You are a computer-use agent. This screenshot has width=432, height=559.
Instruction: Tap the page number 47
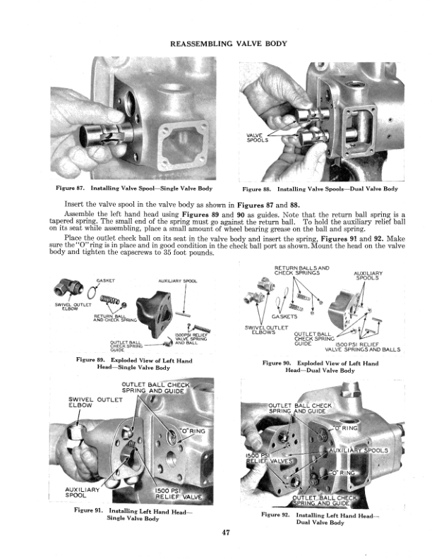(225, 532)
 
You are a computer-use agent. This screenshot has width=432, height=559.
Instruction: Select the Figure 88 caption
(320, 189)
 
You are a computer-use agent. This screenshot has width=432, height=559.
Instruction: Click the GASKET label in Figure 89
(106, 281)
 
